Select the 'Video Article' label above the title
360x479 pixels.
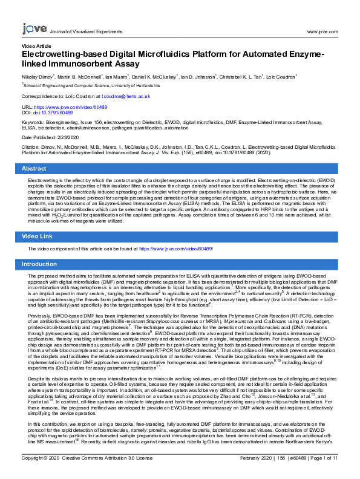[36, 46]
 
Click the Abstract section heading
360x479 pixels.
[34, 168]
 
